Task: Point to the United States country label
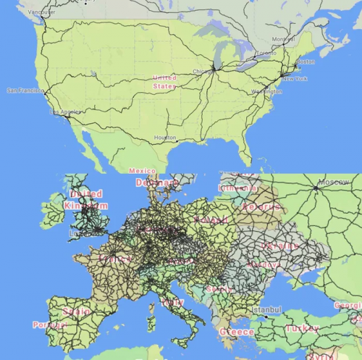[164, 81]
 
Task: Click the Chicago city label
[203, 71]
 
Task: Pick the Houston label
[165, 138]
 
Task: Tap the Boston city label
[306, 62]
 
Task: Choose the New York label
[294, 78]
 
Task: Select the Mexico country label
[142, 171]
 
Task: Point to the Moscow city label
[334, 181]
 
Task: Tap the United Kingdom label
[85, 199]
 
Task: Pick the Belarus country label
[261, 207]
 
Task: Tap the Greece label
[237, 332]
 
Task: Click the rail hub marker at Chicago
[214, 67]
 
